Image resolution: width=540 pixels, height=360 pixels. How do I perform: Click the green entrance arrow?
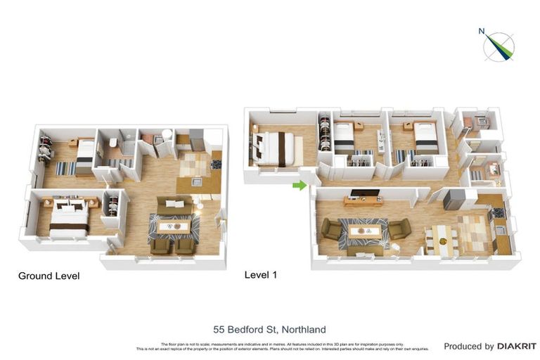coord(300,186)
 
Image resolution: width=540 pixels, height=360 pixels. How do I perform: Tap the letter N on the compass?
coord(482,31)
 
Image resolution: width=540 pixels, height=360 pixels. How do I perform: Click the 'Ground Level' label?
coord(49,276)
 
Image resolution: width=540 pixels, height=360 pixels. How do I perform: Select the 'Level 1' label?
coord(260,275)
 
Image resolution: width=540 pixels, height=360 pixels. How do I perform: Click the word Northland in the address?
coord(303,329)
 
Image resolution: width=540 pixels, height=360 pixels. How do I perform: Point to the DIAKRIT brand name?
coord(517,346)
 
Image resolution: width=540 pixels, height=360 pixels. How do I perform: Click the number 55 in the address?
coord(219,329)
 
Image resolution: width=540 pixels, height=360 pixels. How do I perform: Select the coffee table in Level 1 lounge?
coord(366,231)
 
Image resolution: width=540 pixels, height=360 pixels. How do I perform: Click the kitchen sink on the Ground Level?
coord(198,181)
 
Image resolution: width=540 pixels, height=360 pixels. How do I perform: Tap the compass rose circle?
coord(499,47)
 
